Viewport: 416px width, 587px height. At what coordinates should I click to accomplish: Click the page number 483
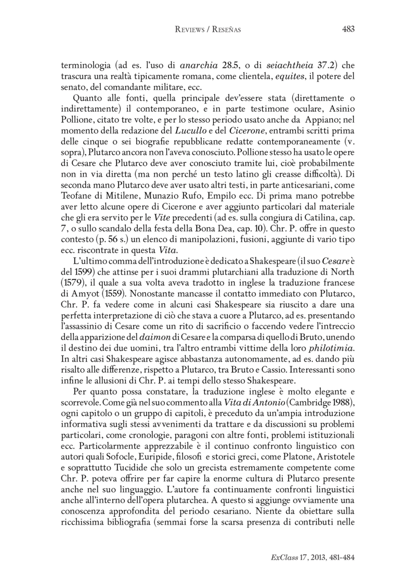pyautogui.click(x=348, y=29)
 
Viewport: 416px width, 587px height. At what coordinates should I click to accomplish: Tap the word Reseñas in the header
pyautogui.click(x=226, y=30)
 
